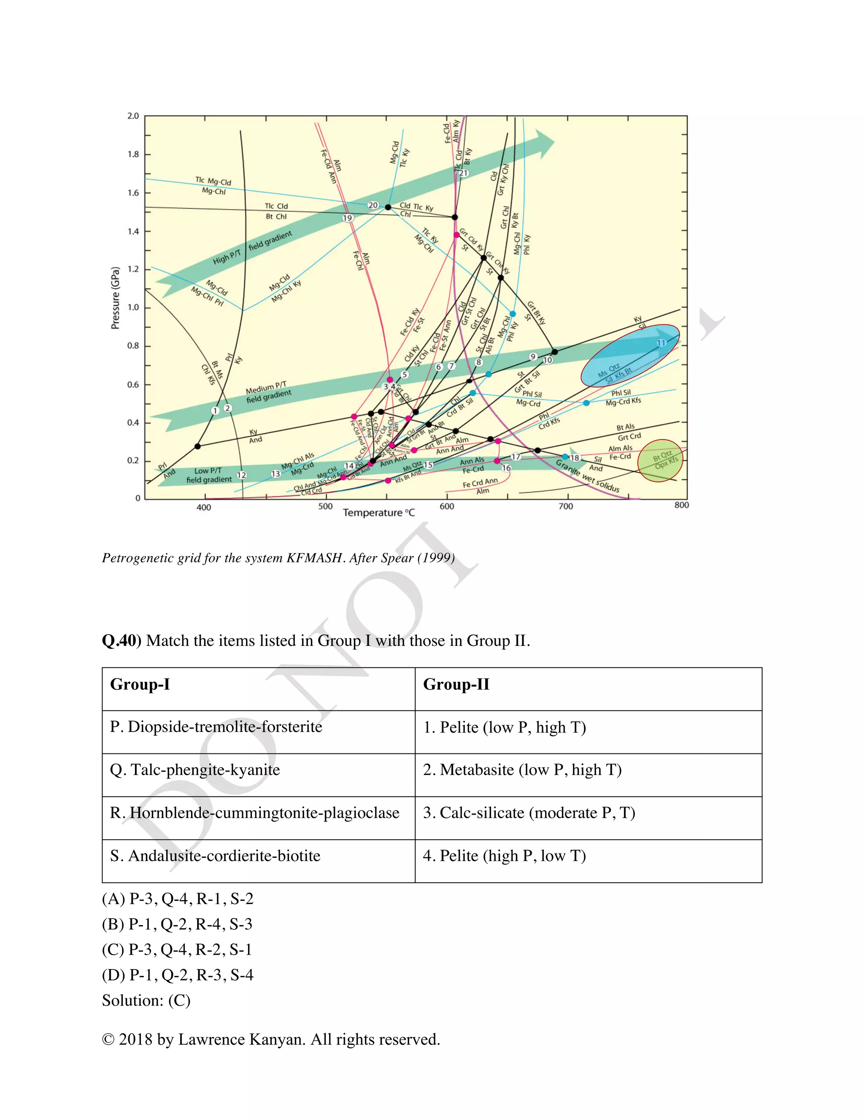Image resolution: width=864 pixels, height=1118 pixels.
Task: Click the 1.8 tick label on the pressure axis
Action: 133,154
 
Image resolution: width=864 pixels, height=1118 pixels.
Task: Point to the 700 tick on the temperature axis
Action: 566,506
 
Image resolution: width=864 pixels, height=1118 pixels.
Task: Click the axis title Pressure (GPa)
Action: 115,298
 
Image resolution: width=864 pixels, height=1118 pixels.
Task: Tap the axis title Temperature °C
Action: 379,513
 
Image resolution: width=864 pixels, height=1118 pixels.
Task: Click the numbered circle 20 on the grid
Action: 373,205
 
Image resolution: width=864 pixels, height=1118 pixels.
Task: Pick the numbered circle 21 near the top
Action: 463,173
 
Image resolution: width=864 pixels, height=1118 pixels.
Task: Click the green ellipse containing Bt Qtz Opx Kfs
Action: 661,461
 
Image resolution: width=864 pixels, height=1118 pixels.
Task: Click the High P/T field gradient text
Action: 252,248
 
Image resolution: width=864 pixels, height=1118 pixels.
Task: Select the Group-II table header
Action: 456,684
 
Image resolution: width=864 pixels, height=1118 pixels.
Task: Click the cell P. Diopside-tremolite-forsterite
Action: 216,727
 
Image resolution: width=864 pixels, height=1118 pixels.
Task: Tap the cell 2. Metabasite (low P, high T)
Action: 522,770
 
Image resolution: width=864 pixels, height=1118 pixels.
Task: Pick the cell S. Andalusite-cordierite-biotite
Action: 215,856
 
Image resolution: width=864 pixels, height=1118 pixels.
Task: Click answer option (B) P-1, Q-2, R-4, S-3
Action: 177,924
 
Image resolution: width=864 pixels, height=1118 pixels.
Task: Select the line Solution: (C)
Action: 146,1000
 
